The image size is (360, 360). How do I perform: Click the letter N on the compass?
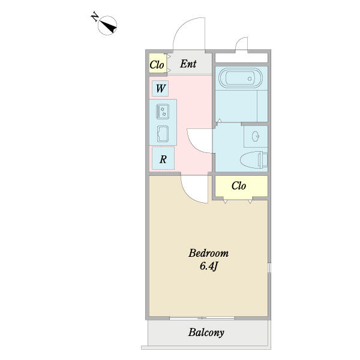pos(95,17)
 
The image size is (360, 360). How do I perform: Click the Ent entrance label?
pos(188,64)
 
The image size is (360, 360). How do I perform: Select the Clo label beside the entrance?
pos(157,65)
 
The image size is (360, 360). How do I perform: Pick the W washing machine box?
pos(160,88)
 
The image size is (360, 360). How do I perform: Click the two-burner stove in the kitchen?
pos(163,112)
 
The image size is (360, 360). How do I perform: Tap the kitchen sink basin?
pos(163,134)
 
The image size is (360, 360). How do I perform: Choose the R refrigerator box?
pos(163,159)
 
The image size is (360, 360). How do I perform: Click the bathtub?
pos(241,78)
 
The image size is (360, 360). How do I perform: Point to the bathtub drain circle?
pos(250,79)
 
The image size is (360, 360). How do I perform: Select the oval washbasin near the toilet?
pos(256,137)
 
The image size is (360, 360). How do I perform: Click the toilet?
pos(254,160)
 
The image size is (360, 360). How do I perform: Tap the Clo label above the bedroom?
pos(239,186)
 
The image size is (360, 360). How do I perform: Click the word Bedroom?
pos(208,253)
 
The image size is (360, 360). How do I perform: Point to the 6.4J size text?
pos(208,266)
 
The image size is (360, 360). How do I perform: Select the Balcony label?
pos(206,332)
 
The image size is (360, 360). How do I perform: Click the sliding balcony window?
pos(202,318)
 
